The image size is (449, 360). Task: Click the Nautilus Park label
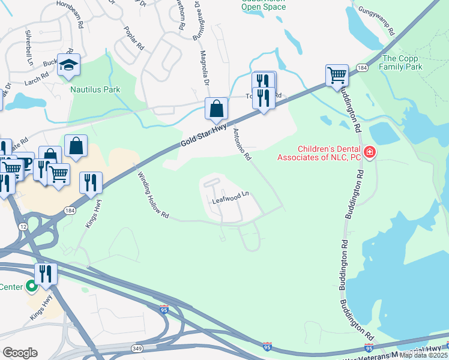tap(95, 89)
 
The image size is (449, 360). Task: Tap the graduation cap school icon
tap(69, 65)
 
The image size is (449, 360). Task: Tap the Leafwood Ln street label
tap(231, 198)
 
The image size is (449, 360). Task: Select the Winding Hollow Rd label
tap(154, 196)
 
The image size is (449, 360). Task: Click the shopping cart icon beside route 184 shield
tap(337, 76)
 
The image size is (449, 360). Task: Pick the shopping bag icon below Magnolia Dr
tap(215, 109)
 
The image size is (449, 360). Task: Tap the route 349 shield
tap(137, 349)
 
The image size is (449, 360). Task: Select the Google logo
tap(19, 352)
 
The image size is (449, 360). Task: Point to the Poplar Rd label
tap(134, 38)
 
